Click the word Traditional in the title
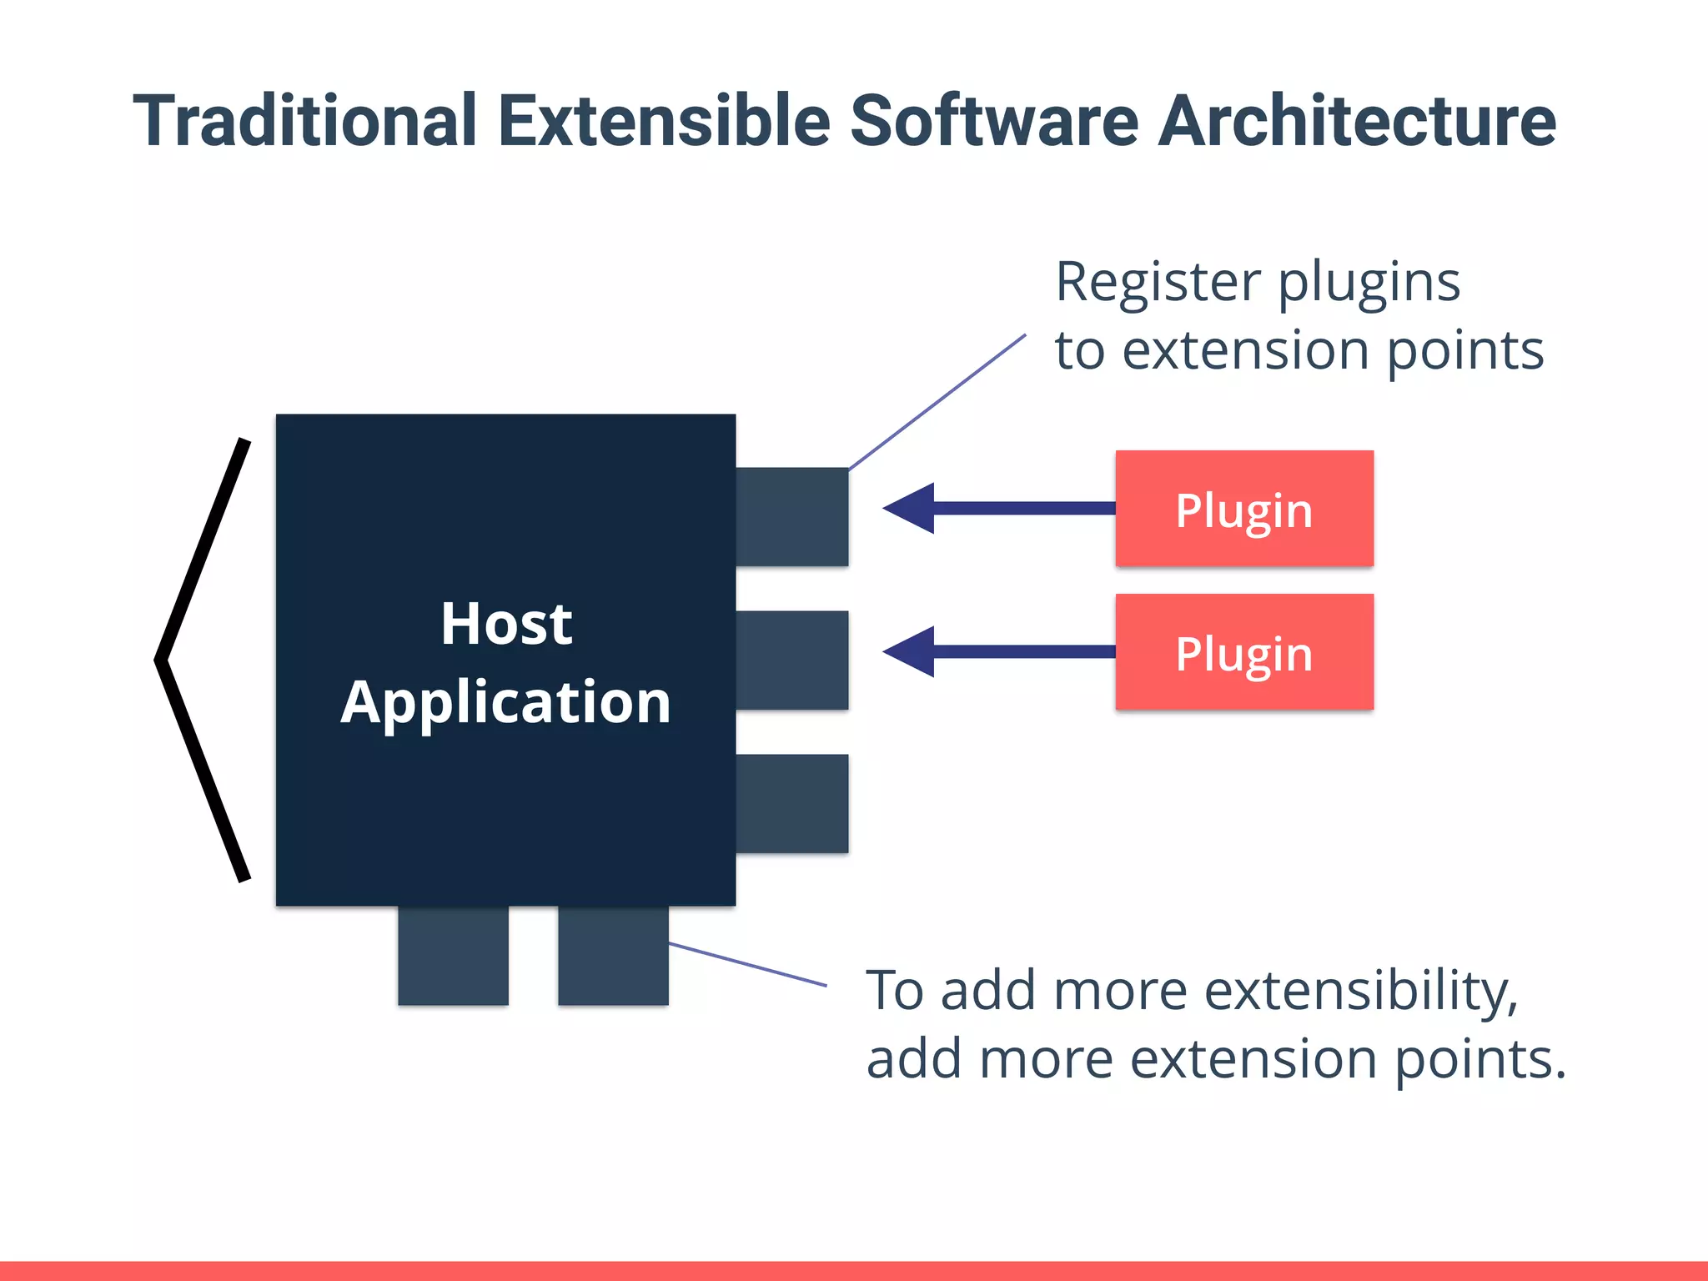click(305, 122)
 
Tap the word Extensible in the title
click(664, 122)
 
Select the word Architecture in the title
click(1357, 122)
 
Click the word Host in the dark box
click(506, 624)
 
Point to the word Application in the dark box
click(506, 702)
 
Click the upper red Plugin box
click(1244, 509)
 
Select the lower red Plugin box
click(1244, 652)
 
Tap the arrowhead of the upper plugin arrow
click(909, 508)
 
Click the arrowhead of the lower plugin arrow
click(909, 651)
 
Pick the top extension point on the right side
click(791, 516)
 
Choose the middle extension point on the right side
click(791, 660)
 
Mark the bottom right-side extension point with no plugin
click(791, 803)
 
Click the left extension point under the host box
click(453, 956)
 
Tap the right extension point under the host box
click(613, 956)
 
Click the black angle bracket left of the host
click(200, 659)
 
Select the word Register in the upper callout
click(1158, 282)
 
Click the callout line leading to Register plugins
click(937, 402)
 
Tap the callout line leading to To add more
click(747, 965)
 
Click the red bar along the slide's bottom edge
click(854, 1271)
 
